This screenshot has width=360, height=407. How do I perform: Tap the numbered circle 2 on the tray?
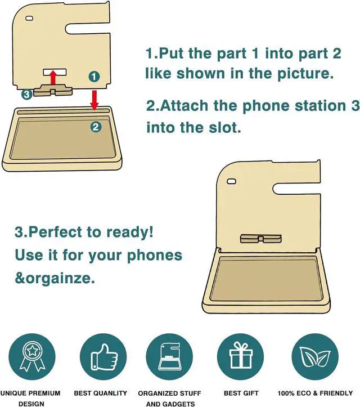tap(96, 127)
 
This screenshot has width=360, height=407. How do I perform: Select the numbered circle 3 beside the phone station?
tap(26, 95)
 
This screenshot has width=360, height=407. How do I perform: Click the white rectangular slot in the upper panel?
tap(55, 72)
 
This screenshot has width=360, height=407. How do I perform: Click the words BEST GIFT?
tap(240, 393)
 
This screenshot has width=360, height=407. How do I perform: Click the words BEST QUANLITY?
tap(100, 393)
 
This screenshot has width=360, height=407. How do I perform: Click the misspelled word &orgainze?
tap(55, 278)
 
